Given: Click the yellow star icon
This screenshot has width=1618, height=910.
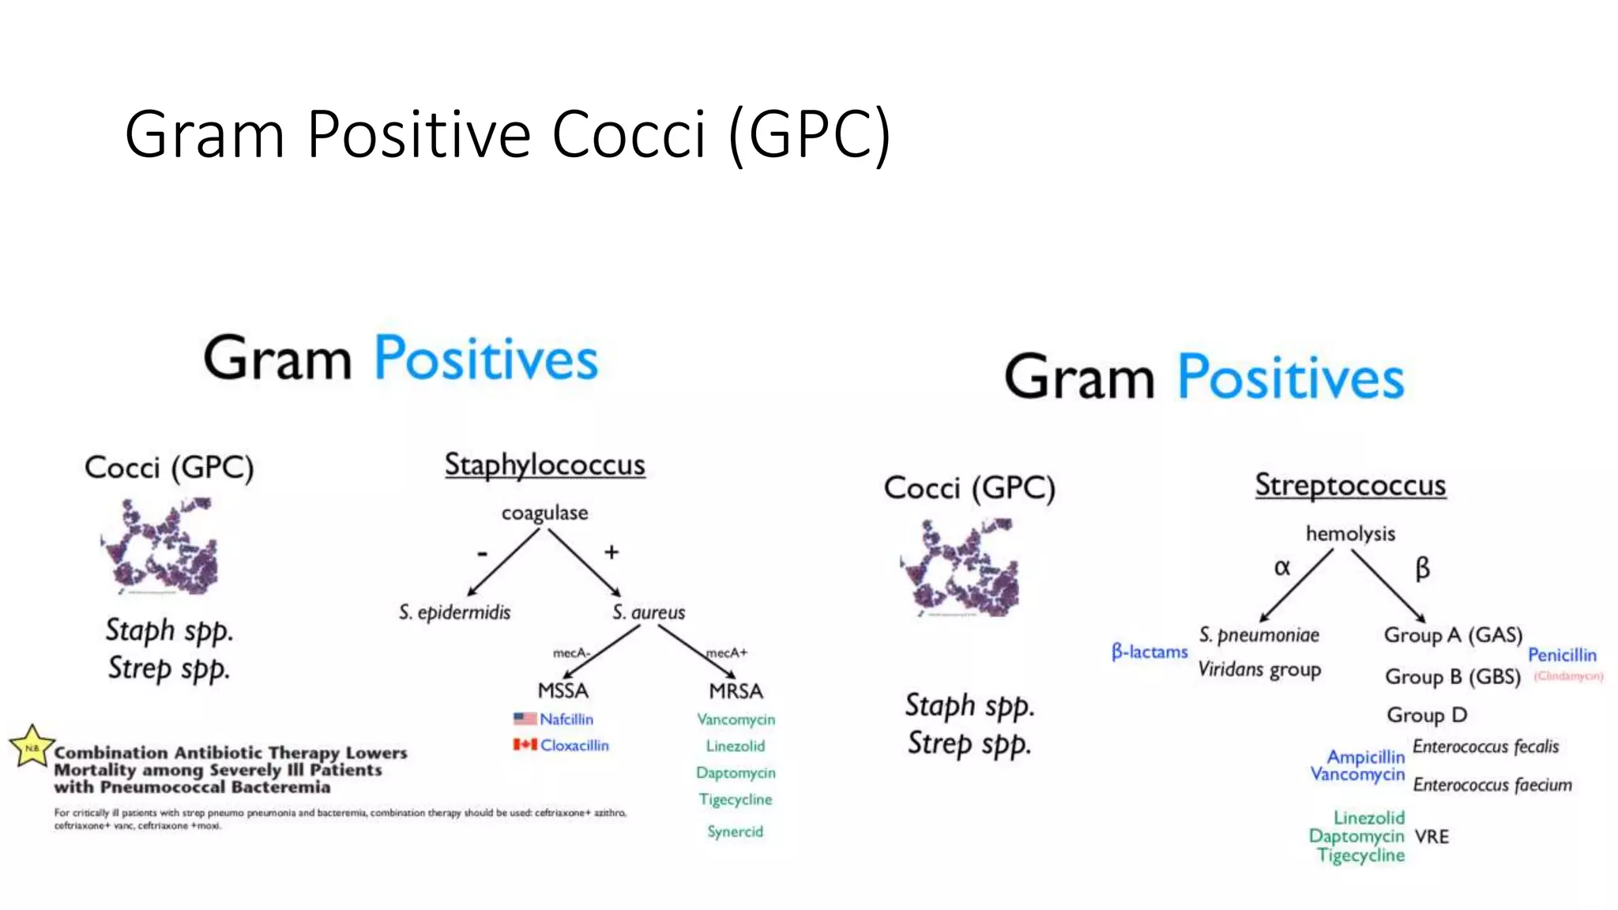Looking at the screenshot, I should click(32, 746).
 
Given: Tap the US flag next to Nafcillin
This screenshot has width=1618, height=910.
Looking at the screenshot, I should click(525, 719).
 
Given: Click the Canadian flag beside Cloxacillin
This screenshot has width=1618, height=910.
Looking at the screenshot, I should click(525, 745).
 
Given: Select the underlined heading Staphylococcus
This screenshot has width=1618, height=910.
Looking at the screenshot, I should click(544, 464).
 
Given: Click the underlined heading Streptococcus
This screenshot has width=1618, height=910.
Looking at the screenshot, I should click(1350, 485).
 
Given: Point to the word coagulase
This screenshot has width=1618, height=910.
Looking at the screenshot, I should click(544, 513).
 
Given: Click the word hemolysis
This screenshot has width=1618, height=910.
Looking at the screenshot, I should click(1350, 534).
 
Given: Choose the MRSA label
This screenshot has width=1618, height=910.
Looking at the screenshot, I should click(736, 691).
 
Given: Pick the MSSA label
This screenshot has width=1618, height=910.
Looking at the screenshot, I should click(563, 691).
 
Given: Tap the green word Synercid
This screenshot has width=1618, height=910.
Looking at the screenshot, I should click(735, 831).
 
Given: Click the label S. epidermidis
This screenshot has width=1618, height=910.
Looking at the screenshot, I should click(454, 612).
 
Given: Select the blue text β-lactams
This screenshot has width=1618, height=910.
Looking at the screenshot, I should click(1150, 652).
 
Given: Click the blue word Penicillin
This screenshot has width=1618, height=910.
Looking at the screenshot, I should click(1562, 655).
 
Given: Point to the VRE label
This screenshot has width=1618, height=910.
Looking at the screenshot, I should click(1432, 837).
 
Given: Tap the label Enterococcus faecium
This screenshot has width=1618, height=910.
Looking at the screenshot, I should click(1492, 784).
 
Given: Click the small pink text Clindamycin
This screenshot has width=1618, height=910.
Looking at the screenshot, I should click(1568, 676).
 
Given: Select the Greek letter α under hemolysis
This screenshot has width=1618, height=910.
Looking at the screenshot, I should click(1281, 567).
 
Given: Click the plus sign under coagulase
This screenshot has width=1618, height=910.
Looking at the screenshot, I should click(611, 552).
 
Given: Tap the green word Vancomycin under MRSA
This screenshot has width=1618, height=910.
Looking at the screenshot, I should click(736, 720).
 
